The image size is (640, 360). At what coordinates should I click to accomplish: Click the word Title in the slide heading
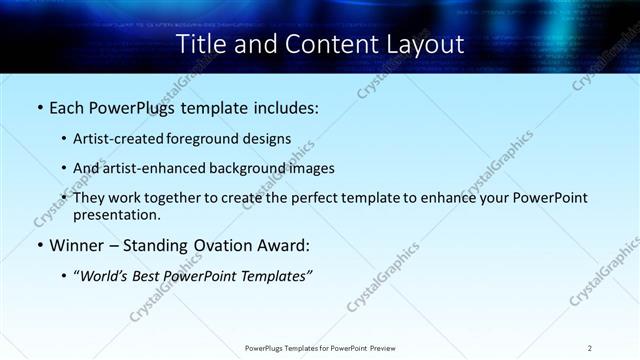pos(200,44)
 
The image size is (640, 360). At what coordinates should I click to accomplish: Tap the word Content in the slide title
pos(325,44)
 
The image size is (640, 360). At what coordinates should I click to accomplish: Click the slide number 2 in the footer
pos(590,347)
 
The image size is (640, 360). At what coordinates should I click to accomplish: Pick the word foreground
pos(209,139)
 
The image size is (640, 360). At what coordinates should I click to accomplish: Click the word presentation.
pos(116,214)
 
